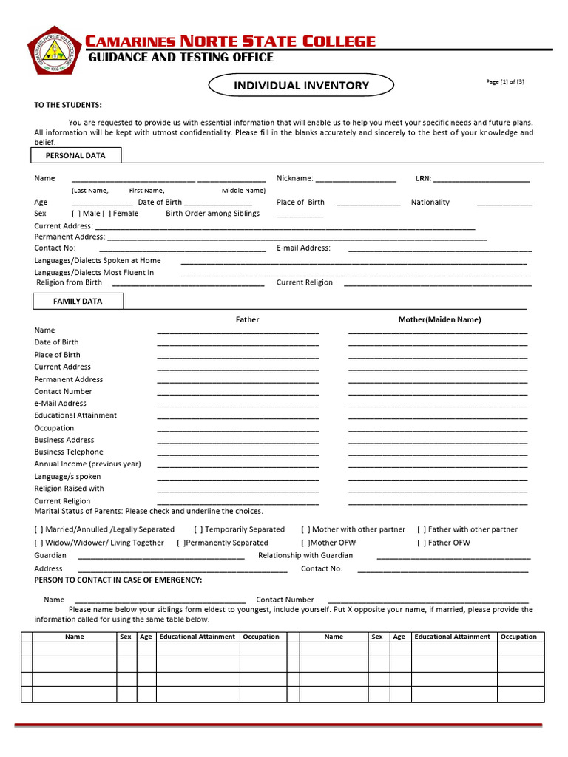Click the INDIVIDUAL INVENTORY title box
(301, 86)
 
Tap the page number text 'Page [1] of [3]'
(505, 82)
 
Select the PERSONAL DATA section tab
(75, 155)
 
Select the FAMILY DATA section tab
(78, 302)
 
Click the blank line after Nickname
(356, 179)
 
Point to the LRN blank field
(481, 179)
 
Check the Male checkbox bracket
(76, 214)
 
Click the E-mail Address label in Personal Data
(303, 248)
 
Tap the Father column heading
(247, 319)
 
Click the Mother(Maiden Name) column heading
(439, 319)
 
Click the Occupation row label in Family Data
(54, 428)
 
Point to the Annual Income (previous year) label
(87, 464)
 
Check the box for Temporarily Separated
(198, 529)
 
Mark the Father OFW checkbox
(422, 543)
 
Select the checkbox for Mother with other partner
(305, 529)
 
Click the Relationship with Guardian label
(305, 555)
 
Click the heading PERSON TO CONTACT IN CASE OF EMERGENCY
(118, 580)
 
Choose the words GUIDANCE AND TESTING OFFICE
(181, 58)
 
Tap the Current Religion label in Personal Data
(304, 282)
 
